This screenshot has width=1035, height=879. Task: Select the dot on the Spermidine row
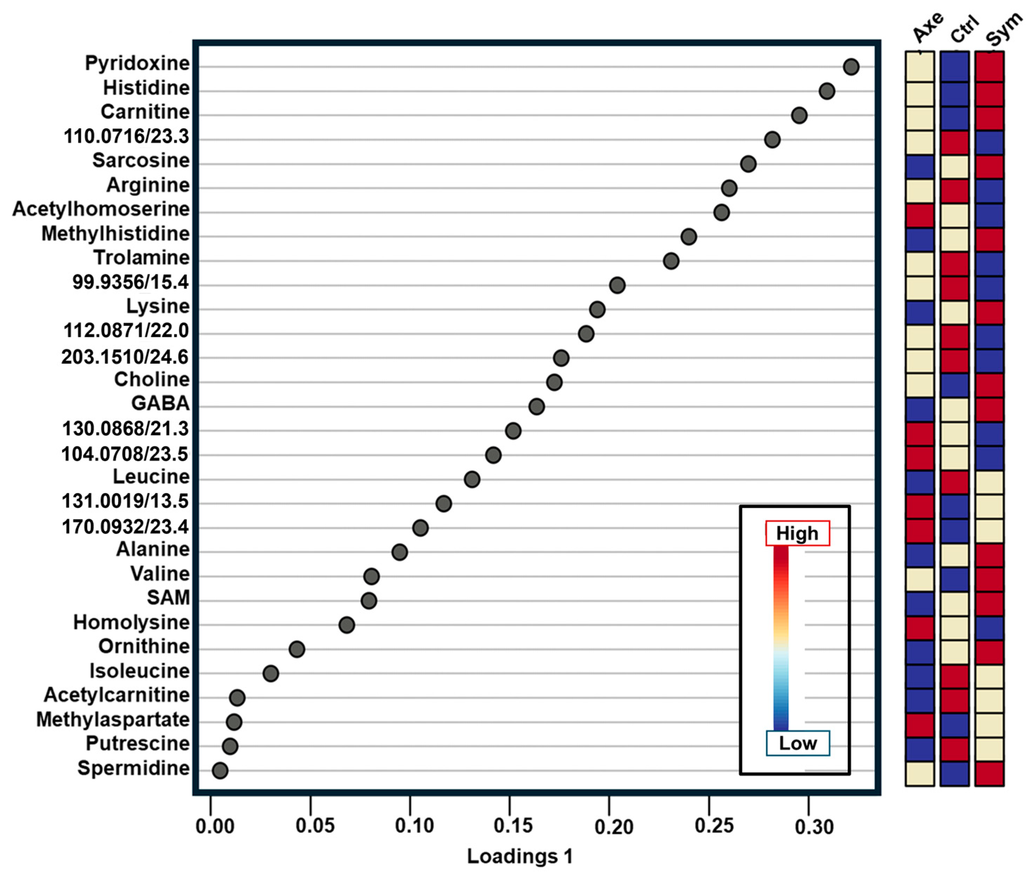(x=220, y=770)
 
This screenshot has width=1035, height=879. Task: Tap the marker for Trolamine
(x=671, y=261)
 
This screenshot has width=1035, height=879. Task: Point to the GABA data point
(x=537, y=406)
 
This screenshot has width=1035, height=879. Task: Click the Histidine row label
(x=146, y=88)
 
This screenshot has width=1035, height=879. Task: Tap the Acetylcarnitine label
(x=117, y=695)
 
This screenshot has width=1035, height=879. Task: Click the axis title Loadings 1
(x=519, y=857)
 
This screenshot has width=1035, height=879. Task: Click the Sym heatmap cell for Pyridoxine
(x=989, y=67)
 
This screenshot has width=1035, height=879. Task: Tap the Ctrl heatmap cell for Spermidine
(x=954, y=773)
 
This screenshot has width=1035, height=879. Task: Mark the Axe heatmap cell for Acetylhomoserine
(x=920, y=215)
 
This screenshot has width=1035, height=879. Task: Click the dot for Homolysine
(x=347, y=625)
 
